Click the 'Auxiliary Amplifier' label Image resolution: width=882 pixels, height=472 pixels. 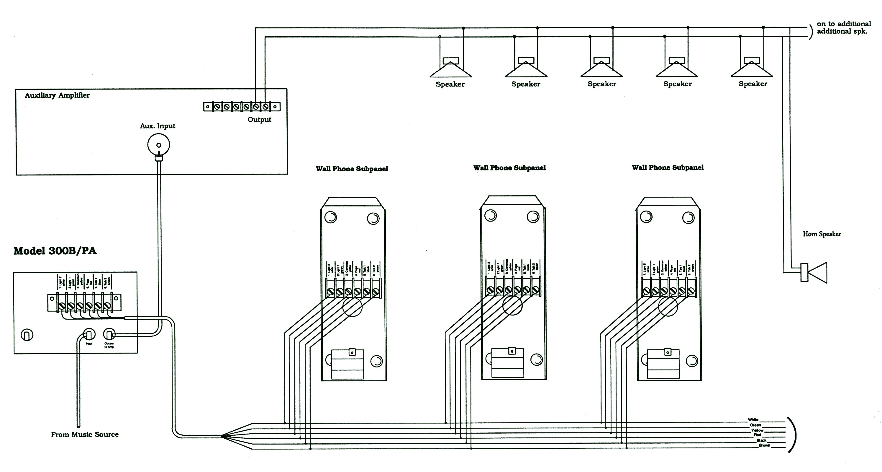[57, 95]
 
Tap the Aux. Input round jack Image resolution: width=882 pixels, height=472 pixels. [158, 145]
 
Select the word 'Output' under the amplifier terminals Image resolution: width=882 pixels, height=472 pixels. [259, 120]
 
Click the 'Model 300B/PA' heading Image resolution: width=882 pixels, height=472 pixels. [55, 251]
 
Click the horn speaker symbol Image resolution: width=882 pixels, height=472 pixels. [814, 273]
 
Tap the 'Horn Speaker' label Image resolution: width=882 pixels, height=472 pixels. [822, 234]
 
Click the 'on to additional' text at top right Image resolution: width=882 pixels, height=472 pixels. [844, 24]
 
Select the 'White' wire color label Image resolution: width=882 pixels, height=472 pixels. [753, 419]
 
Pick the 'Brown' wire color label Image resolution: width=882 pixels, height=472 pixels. [764, 445]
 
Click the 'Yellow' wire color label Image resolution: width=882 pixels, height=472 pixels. [757, 430]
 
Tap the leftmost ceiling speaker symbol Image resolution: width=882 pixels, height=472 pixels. [451, 68]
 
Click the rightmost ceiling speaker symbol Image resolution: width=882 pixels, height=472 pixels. [752, 68]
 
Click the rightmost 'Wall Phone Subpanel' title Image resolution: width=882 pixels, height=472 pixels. [668, 167]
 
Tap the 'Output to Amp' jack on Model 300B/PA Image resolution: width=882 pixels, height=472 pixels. [109, 334]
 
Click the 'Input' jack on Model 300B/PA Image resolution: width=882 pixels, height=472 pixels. [89, 334]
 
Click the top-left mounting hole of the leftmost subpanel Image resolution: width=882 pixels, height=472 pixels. [331, 217]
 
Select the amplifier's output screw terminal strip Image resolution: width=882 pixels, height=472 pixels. [242, 107]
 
